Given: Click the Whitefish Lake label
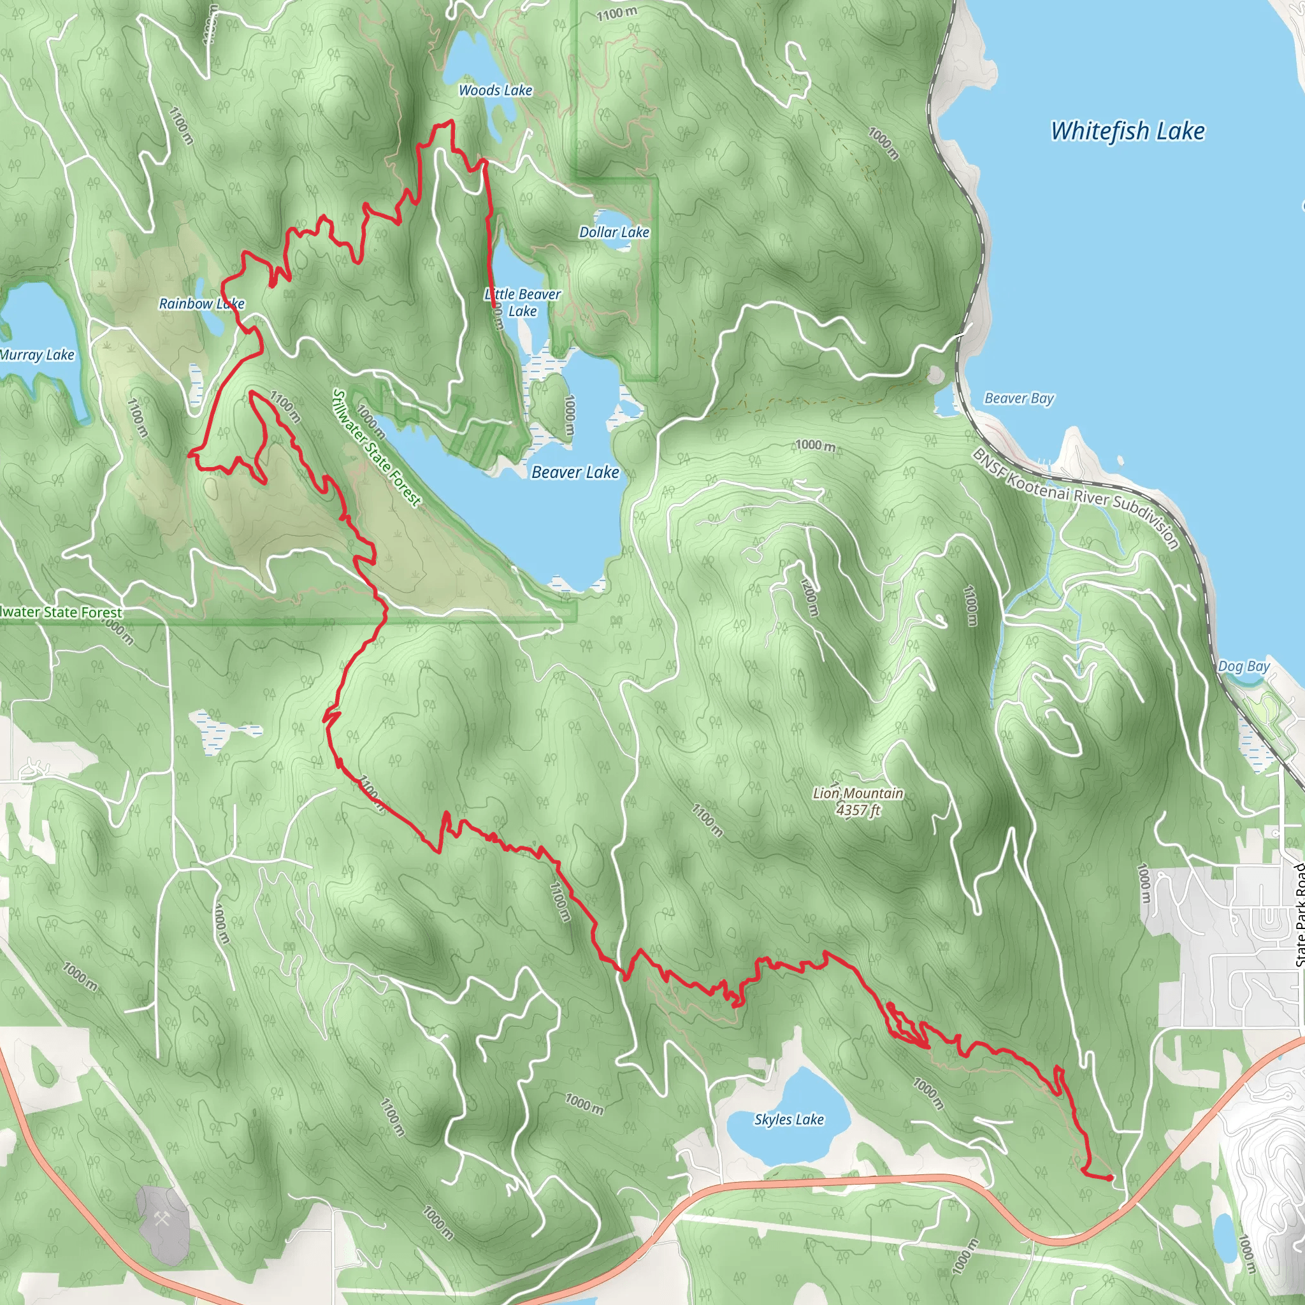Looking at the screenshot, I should [1127, 131].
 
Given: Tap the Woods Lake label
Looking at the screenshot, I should [495, 90].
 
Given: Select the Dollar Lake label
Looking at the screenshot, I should [614, 233].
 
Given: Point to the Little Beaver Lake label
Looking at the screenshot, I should [523, 303].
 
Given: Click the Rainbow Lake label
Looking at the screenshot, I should [201, 304].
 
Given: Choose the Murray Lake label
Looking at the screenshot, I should [37, 355].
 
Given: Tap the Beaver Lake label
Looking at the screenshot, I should [575, 472].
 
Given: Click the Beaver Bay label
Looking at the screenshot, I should [1019, 398].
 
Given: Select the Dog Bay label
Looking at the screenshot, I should [1244, 666].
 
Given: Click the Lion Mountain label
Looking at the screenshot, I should [858, 793].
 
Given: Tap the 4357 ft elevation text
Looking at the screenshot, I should [858, 810].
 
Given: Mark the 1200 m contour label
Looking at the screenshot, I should [809, 597].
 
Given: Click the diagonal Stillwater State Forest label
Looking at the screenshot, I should [376, 448].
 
